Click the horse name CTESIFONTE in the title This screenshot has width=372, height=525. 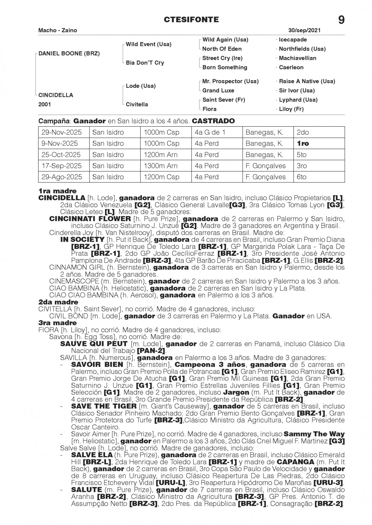tap(192, 20)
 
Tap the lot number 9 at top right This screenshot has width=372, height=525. tap(341, 20)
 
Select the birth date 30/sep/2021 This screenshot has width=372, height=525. tap(304, 30)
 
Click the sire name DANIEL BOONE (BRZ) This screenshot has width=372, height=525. tap(69, 54)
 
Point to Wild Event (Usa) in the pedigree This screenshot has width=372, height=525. tap(148, 44)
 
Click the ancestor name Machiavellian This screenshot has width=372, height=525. tap(298, 58)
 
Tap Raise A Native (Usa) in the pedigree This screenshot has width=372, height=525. tap(307, 81)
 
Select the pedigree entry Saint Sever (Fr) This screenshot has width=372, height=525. tap(224, 100)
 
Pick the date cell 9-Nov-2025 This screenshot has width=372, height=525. tap(60, 144)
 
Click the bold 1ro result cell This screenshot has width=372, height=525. tap(303, 144)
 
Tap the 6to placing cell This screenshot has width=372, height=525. tap(302, 177)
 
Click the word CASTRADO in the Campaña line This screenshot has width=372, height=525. tap(213, 121)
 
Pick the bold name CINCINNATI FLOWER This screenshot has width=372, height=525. tap(90, 219)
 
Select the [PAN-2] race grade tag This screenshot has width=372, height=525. tap(151, 351)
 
